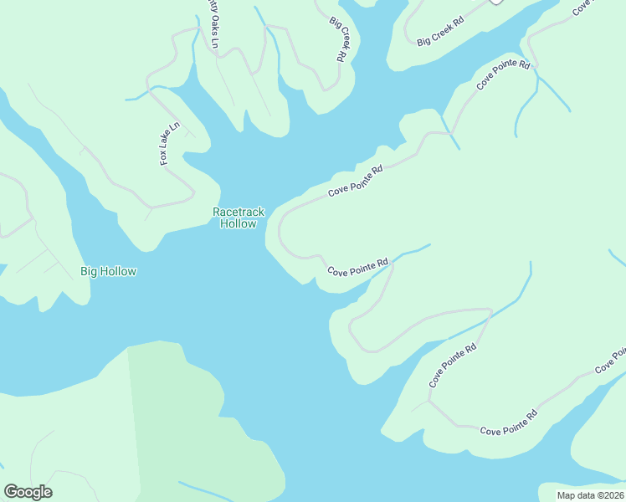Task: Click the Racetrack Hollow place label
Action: coord(239,218)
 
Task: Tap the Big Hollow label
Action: coord(108,271)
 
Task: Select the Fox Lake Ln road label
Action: coord(170,144)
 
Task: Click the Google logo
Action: coord(28,492)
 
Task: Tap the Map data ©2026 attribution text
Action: coord(590,494)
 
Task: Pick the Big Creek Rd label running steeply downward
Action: coord(339,38)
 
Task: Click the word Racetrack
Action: coord(239,213)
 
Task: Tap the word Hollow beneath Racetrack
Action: coord(239,224)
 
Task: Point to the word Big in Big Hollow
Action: coord(89,271)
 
